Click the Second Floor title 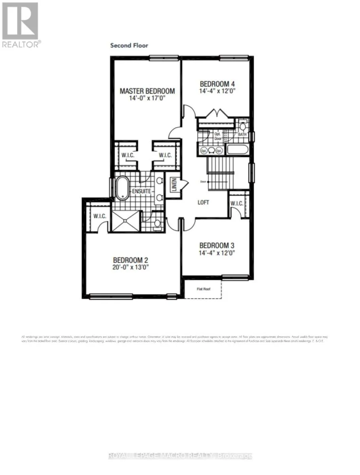(x=129, y=46)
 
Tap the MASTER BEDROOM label (x=147, y=91)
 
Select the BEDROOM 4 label (x=217, y=84)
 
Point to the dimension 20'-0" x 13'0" (x=131, y=267)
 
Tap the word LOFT (x=203, y=202)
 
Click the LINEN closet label (x=173, y=185)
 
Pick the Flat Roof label (x=204, y=289)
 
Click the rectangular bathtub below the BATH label (x=237, y=150)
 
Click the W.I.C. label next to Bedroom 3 (x=237, y=203)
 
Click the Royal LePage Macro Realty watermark (x=180, y=456)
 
